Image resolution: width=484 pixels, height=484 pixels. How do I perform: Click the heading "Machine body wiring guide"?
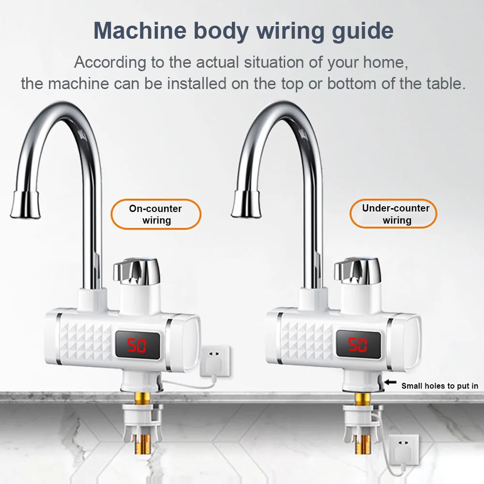pyautogui.click(x=243, y=30)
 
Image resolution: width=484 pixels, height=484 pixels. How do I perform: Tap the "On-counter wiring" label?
pyautogui.click(x=155, y=214)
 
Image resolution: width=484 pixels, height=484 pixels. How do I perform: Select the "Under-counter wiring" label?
pyautogui.click(x=396, y=214)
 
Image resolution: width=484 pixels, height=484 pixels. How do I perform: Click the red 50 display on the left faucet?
pyautogui.click(x=137, y=346)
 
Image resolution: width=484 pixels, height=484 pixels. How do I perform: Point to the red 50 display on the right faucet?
pyautogui.click(x=358, y=345)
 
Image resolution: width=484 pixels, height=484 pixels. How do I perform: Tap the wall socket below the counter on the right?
pyautogui.click(x=403, y=450)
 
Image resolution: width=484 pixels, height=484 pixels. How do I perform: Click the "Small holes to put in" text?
pyautogui.click(x=439, y=386)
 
